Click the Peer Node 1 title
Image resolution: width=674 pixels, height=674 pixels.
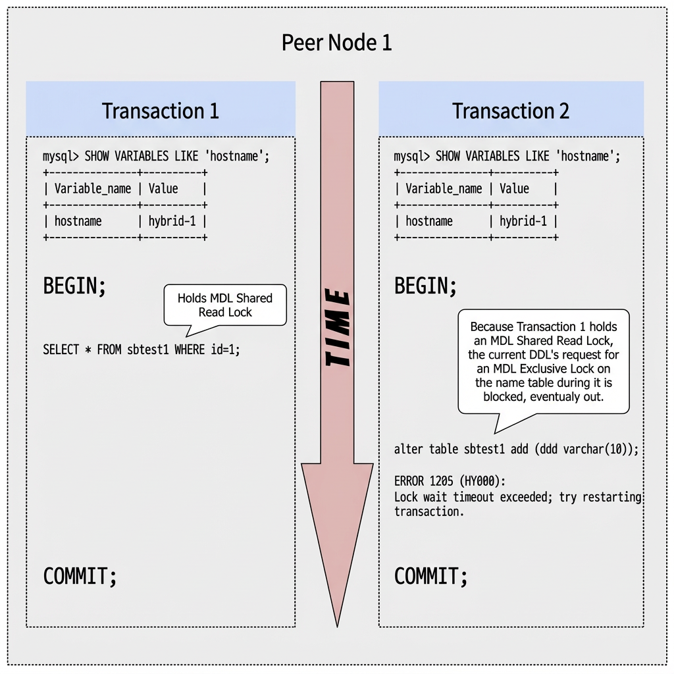click(336, 43)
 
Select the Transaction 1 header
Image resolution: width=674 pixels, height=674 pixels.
click(160, 111)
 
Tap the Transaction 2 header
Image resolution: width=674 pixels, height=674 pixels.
click(511, 111)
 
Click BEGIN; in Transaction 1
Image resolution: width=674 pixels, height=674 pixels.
click(74, 286)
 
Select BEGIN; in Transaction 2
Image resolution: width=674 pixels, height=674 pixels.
click(425, 286)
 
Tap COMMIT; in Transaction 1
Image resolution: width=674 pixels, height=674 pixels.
click(80, 577)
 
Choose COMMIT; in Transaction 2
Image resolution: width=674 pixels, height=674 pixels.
click(430, 577)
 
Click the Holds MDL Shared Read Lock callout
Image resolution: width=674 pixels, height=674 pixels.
click(224, 305)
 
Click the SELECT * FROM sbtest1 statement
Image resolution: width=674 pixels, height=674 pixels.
click(142, 350)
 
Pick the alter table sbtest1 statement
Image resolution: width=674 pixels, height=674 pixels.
click(516, 450)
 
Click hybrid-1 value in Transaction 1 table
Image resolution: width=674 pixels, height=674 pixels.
click(172, 221)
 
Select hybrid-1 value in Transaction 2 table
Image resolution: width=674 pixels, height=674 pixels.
click(523, 221)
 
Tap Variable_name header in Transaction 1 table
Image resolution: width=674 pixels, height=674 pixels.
click(92, 189)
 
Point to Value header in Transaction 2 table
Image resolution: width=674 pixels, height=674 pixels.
click(514, 189)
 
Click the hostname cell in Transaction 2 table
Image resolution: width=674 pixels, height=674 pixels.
click(428, 221)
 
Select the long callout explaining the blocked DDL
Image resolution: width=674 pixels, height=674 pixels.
click(543, 361)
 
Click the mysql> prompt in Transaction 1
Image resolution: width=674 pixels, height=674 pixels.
click(61, 157)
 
